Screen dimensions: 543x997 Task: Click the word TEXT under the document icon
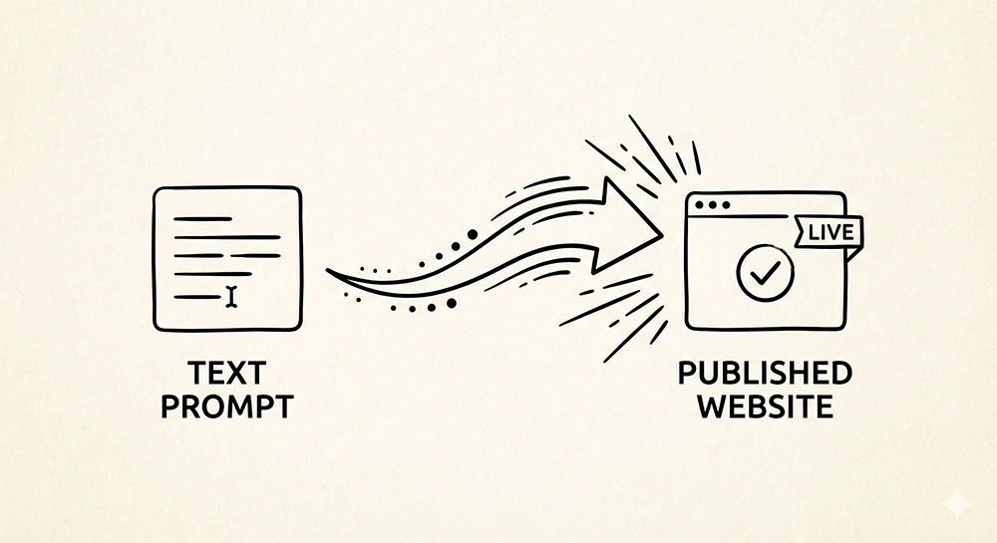[226, 375]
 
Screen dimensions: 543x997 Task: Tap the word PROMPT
[226, 408]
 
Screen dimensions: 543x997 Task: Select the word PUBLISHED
[765, 375]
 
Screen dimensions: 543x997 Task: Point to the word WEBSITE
[765, 407]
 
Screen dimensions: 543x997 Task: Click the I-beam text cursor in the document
[232, 295]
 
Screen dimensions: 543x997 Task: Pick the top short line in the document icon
[201, 218]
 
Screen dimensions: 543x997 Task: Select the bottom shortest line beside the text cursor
[195, 296]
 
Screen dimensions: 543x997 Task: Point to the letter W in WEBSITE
[709, 407]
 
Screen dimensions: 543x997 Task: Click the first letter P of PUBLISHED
[687, 375]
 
